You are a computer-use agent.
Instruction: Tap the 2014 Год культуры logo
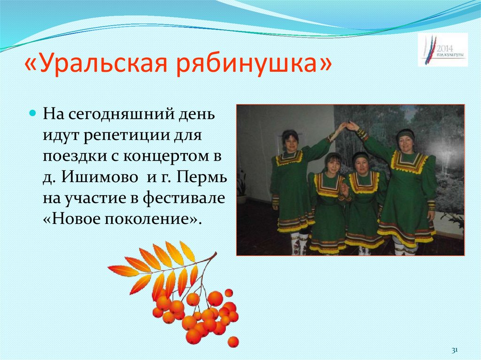click(442, 49)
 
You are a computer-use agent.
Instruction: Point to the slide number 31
click(454, 350)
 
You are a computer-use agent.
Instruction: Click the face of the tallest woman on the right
click(405, 142)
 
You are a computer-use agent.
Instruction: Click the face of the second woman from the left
click(333, 164)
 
